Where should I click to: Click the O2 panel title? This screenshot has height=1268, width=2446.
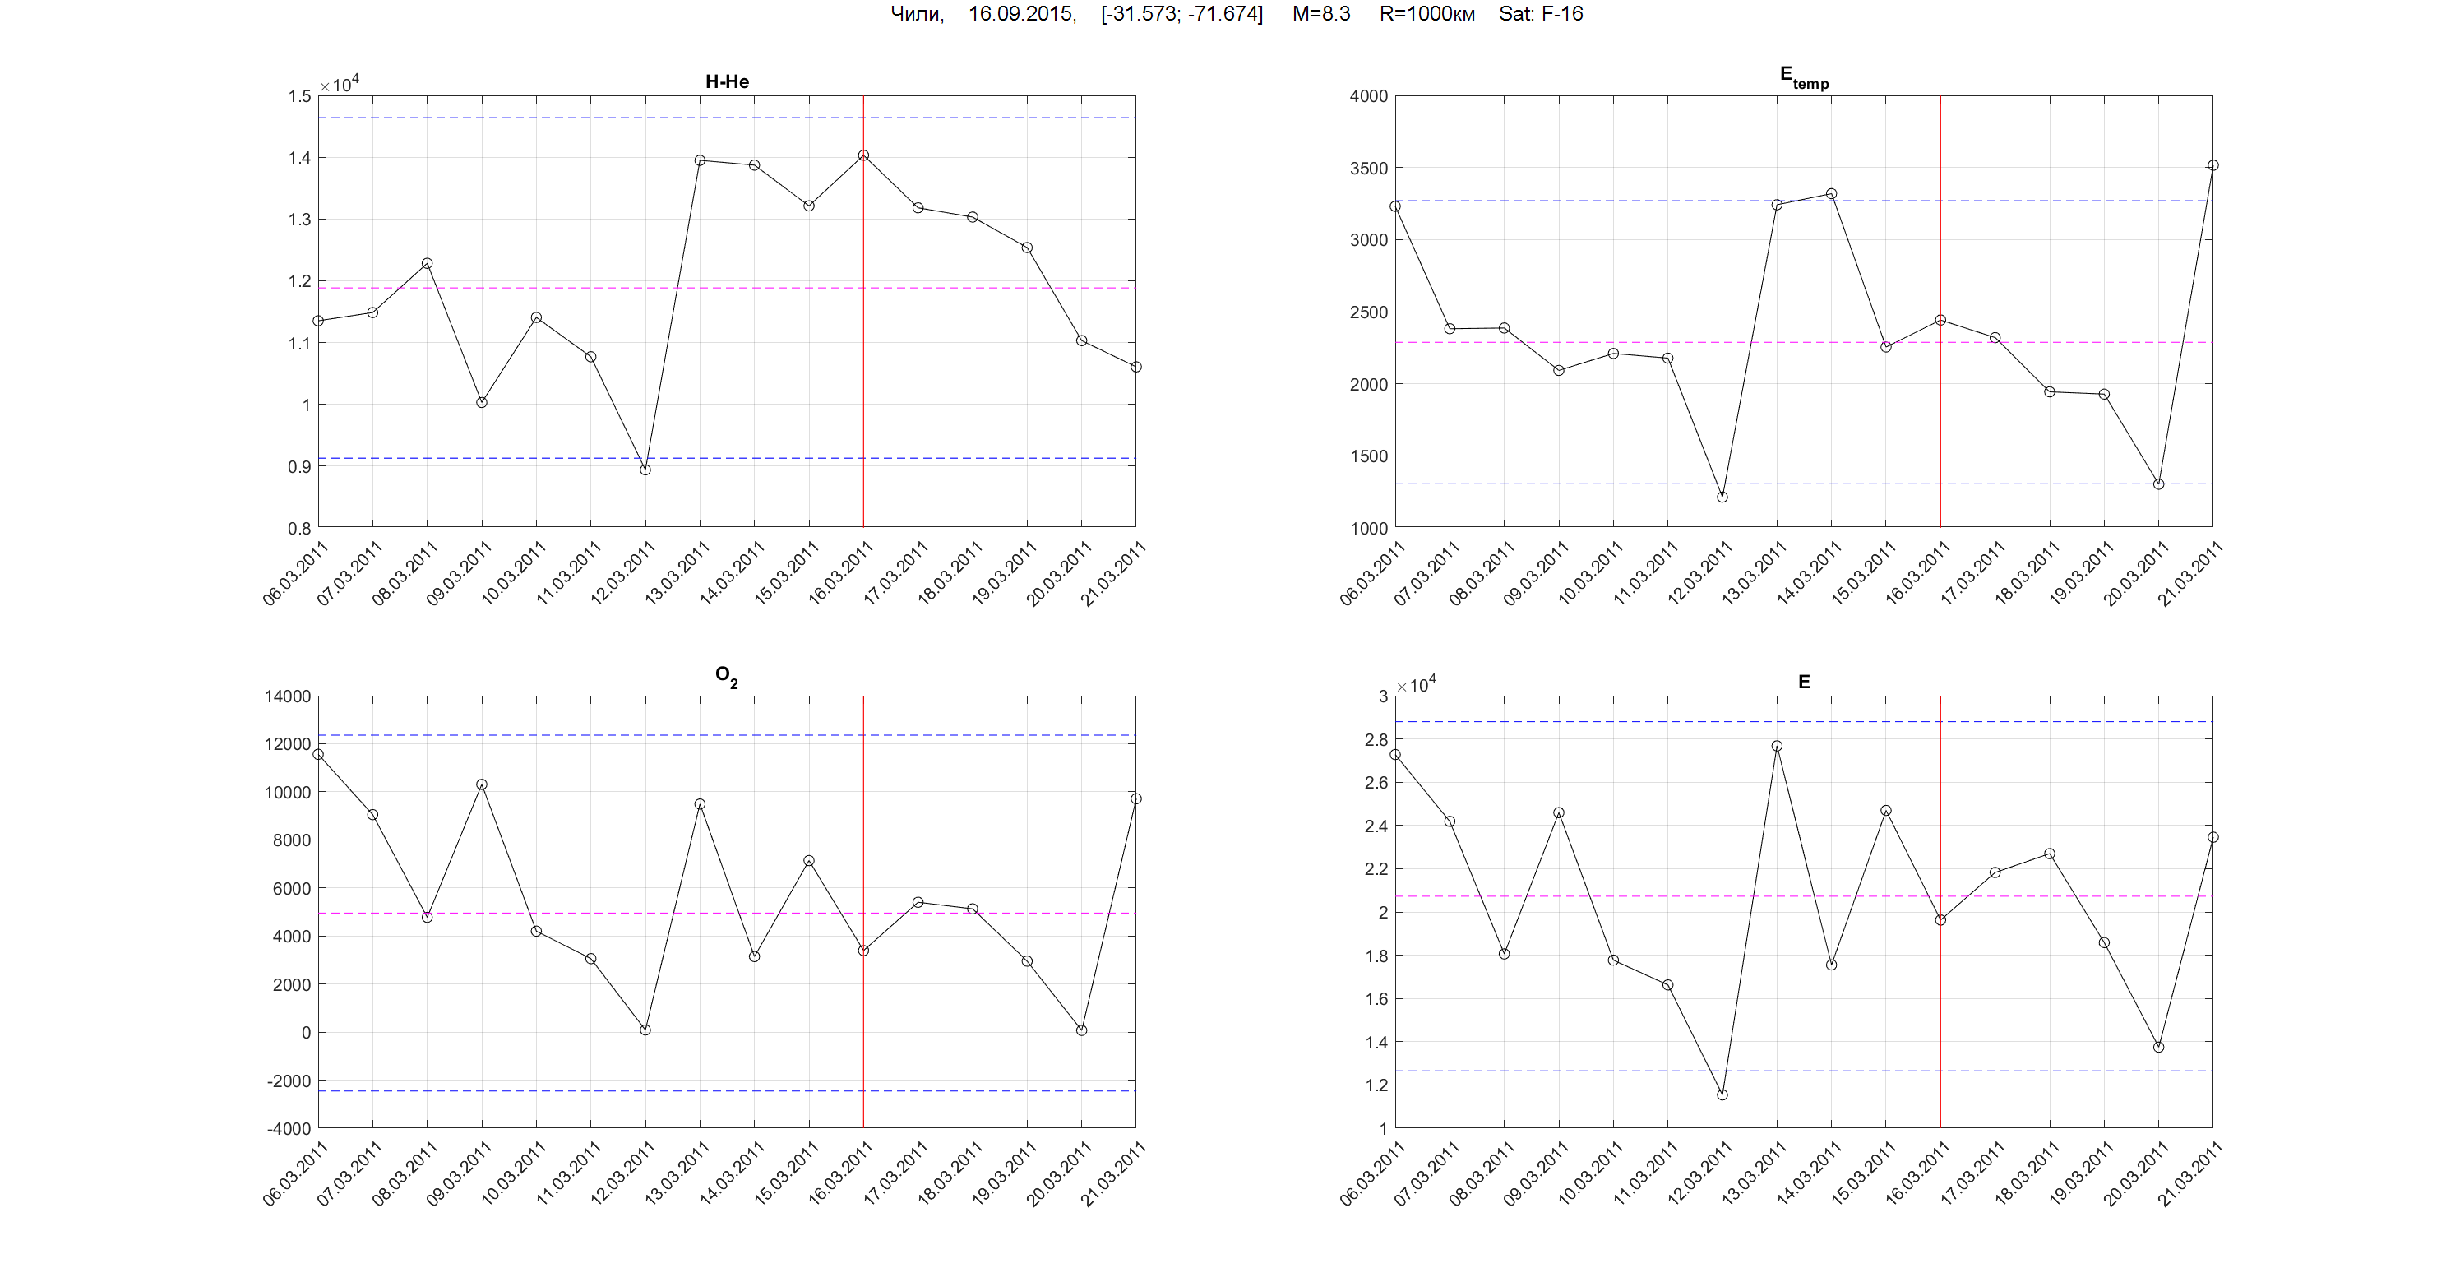pos(726,676)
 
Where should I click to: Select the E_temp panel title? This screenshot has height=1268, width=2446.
pos(1803,77)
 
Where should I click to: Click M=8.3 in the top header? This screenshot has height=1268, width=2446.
pos(1320,13)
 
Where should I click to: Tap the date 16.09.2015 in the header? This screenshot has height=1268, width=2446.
pos(1021,13)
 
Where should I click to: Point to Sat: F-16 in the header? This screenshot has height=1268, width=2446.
pos(1540,13)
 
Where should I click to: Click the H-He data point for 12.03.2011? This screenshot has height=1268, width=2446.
pos(645,470)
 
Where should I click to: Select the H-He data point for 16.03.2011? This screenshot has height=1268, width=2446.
pos(863,155)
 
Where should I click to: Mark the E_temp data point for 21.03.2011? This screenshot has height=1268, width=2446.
pos(2212,165)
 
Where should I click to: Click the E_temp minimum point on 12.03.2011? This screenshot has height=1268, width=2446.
pos(1722,497)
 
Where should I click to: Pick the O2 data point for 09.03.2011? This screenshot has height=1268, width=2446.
pos(482,784)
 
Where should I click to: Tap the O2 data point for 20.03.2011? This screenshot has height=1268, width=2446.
pos(1081,1030)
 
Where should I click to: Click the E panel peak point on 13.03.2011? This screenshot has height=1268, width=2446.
pos(1777,746)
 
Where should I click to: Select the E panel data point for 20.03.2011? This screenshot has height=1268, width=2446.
pos(2158,1047)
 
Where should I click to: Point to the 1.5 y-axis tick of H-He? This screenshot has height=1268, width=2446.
pos(299,96)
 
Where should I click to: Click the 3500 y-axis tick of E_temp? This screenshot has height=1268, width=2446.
pos(1368,168)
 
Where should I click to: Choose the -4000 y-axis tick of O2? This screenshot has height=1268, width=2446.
pos(289,1128)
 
